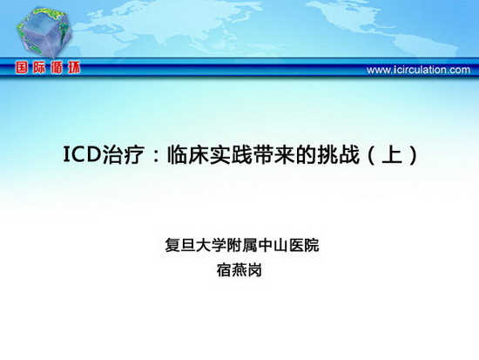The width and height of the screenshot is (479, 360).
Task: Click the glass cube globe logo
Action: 44,32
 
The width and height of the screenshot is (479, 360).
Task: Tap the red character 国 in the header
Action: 22,68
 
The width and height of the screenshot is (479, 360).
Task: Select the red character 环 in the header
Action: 74,68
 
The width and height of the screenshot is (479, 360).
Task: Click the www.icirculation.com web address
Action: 418,70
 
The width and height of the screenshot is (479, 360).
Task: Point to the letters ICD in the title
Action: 82,154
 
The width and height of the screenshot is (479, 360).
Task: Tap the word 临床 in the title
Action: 188,154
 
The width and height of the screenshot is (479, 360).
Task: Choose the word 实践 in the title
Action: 231,154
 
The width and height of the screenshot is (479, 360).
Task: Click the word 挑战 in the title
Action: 338,154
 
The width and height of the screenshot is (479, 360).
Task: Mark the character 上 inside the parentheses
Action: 392,154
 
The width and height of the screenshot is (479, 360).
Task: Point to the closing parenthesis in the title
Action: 414,155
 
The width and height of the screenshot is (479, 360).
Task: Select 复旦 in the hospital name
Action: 180,245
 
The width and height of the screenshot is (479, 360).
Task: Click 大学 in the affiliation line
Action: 211,245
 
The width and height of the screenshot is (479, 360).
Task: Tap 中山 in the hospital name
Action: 273,245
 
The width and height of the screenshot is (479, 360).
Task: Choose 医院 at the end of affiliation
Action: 304,245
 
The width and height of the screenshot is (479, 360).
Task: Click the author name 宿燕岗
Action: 239,270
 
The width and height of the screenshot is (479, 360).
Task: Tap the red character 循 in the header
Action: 57,68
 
